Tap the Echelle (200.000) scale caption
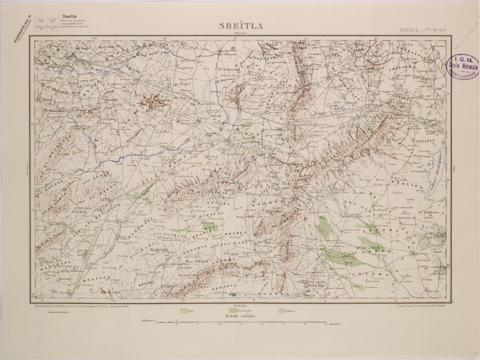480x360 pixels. (x=239, y=315)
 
